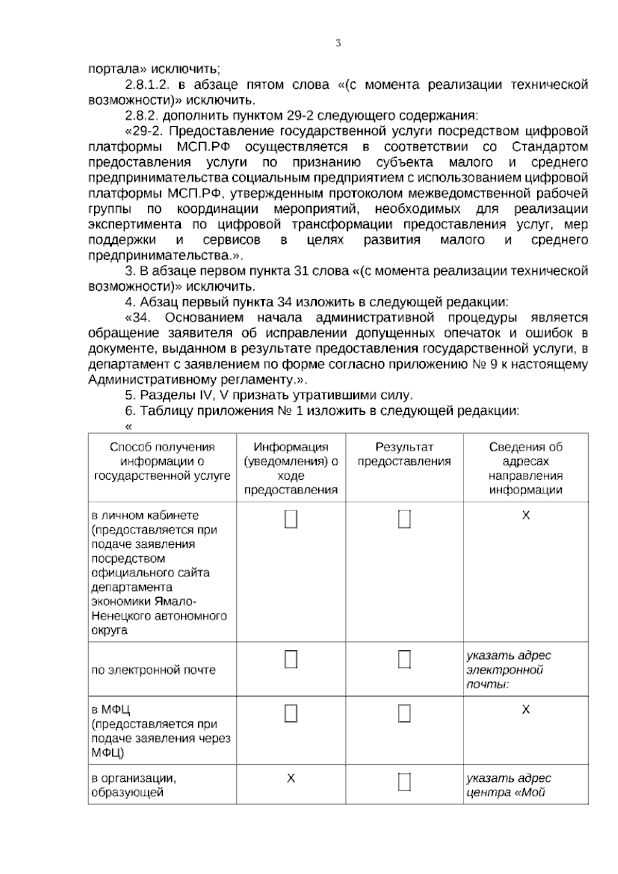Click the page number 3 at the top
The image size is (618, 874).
pyautogui.click(x=338, y=43)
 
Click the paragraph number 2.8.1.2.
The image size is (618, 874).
pyautogui.click(x=147, y=85)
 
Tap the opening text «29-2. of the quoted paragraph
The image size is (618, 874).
pyautogui.click(x=144, y=131)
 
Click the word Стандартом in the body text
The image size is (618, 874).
pyautogui.click(x=550, y=147)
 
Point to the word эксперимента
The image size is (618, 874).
pyautogui.click(x=134, y=225)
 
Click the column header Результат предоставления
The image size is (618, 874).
pyautogui.click(x=404, y=454)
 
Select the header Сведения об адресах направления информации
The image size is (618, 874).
pyautogui.click(x=525, y=468)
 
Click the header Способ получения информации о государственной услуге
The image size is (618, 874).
pyautogui.click(x=162, y=461)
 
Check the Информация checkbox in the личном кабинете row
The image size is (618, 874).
pyautogui.click(x=291, y=519)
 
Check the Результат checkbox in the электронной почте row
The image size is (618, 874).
pyautogui.click(x=404, y=660)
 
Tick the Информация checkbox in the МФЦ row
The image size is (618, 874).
pyautogui.click(x=291, y=714)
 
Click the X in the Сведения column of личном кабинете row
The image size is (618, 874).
pyautogui.click(x=525, y=515)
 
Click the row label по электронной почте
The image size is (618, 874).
pyautogui.click(x=153, y=670)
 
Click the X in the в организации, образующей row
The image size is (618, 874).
pyautogui.click(x=291, y=778)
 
